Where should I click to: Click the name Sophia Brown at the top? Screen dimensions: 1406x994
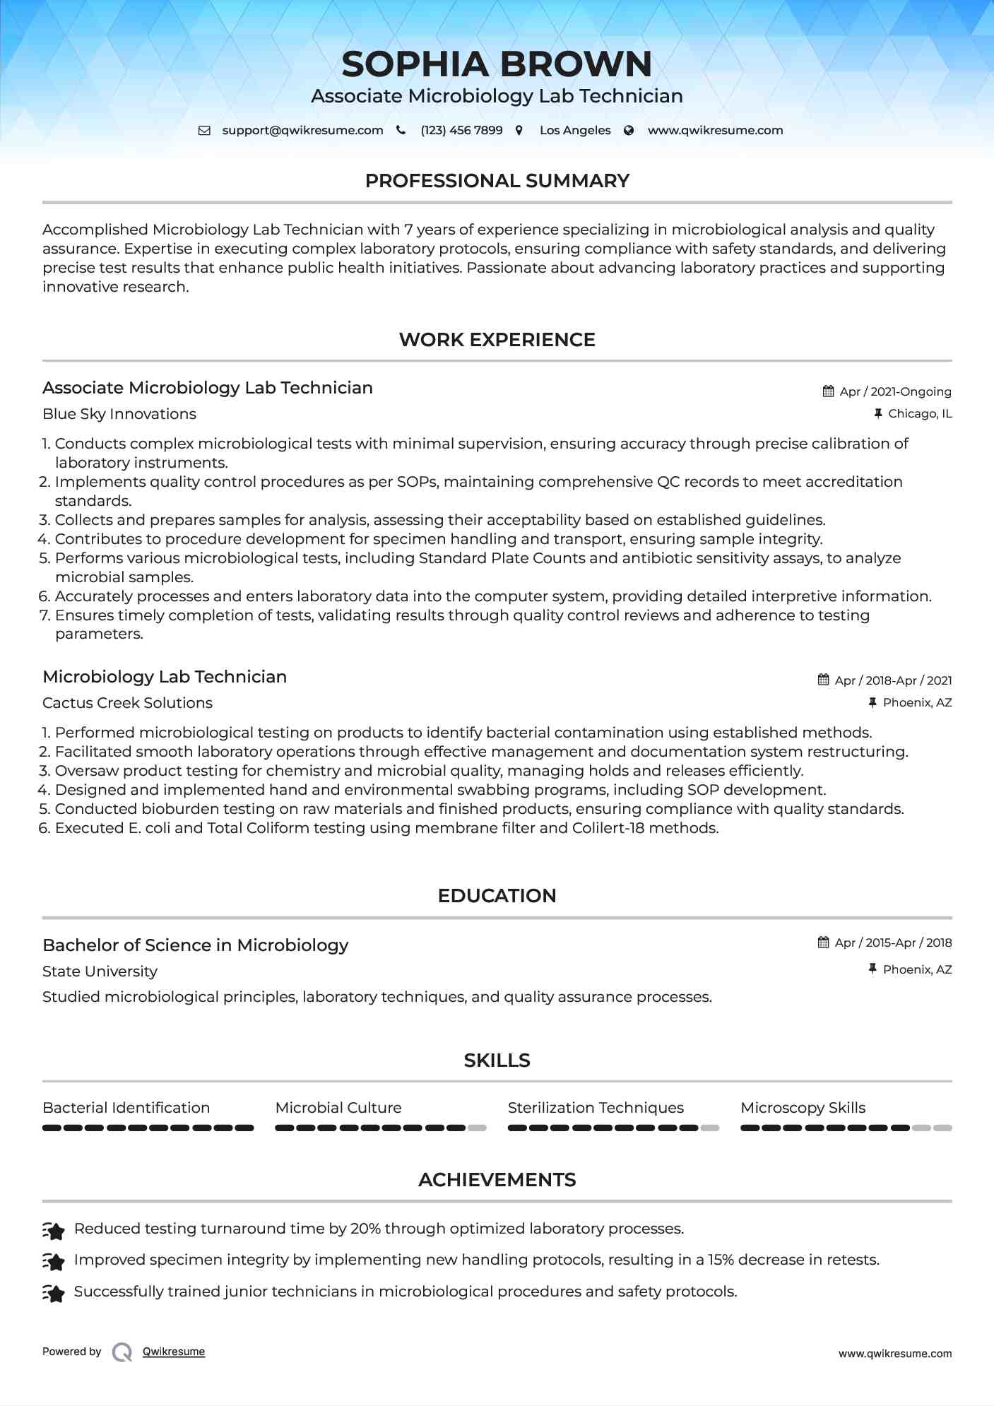(x=497, y=64)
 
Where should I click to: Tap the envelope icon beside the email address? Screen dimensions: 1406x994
(x=204, y=131)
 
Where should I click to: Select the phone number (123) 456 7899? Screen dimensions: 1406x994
(x=461, y=131)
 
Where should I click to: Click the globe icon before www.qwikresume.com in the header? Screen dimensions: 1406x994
(x=629, y=131)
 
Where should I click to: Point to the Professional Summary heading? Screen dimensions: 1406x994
(x=497, y=181)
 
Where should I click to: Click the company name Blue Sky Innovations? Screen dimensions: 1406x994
(x=119, y=414)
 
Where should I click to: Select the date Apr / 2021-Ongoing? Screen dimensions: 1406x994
(x=895, y=391)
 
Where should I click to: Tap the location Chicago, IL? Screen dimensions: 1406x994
(x=920, y=414)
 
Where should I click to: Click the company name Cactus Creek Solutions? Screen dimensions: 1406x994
(x=127, y=703)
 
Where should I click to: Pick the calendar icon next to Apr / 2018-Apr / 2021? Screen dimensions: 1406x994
(x=823, y=680)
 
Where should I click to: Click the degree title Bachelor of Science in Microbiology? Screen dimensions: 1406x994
(x=196, y=945)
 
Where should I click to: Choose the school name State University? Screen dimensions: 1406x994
(x=100, y=971)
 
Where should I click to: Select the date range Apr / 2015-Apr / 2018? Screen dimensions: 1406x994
(x=893, y=943)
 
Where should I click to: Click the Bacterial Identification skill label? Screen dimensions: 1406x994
(x=126, y=1108)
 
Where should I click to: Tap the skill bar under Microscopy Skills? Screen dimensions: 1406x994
(x=846, y=1128)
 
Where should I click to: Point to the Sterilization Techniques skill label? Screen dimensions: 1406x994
(x=596, y=1108)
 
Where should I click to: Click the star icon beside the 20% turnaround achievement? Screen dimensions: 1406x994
(x=54, y=1230)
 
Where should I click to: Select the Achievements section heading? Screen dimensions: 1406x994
(x=497, y=1180)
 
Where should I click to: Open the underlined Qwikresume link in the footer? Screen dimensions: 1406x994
(x=174, y=1352)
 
